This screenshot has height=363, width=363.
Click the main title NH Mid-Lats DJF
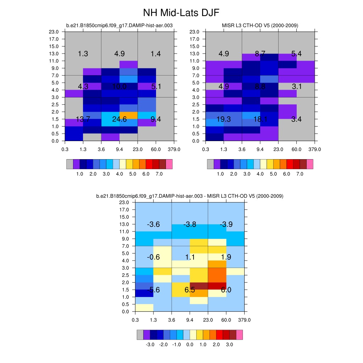point(181,13)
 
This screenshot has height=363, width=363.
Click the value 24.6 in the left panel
point(119,119)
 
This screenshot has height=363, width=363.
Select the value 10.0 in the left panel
point(119,86)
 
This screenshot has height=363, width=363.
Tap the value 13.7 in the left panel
point(83,119)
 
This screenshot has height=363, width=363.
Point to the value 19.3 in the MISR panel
point(224,119)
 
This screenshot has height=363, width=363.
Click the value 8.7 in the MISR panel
point(260,54)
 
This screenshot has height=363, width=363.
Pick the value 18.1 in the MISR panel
point(260,119)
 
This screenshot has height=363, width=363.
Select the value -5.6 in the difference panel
point(153,290)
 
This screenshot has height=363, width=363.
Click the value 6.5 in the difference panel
point(190,290)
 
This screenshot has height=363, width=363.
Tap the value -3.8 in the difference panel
point(190,224)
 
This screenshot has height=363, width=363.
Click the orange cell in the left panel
point(128,115)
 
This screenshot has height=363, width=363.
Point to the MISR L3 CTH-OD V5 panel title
point(260,26)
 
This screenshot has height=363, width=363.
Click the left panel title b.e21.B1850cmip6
point(119,26)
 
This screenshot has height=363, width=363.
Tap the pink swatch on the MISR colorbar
point(310,164)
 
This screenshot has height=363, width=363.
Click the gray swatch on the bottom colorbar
point(140,335)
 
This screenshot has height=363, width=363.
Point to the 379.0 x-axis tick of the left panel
point(174,149)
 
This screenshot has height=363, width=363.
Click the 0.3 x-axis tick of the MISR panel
point(206,149)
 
